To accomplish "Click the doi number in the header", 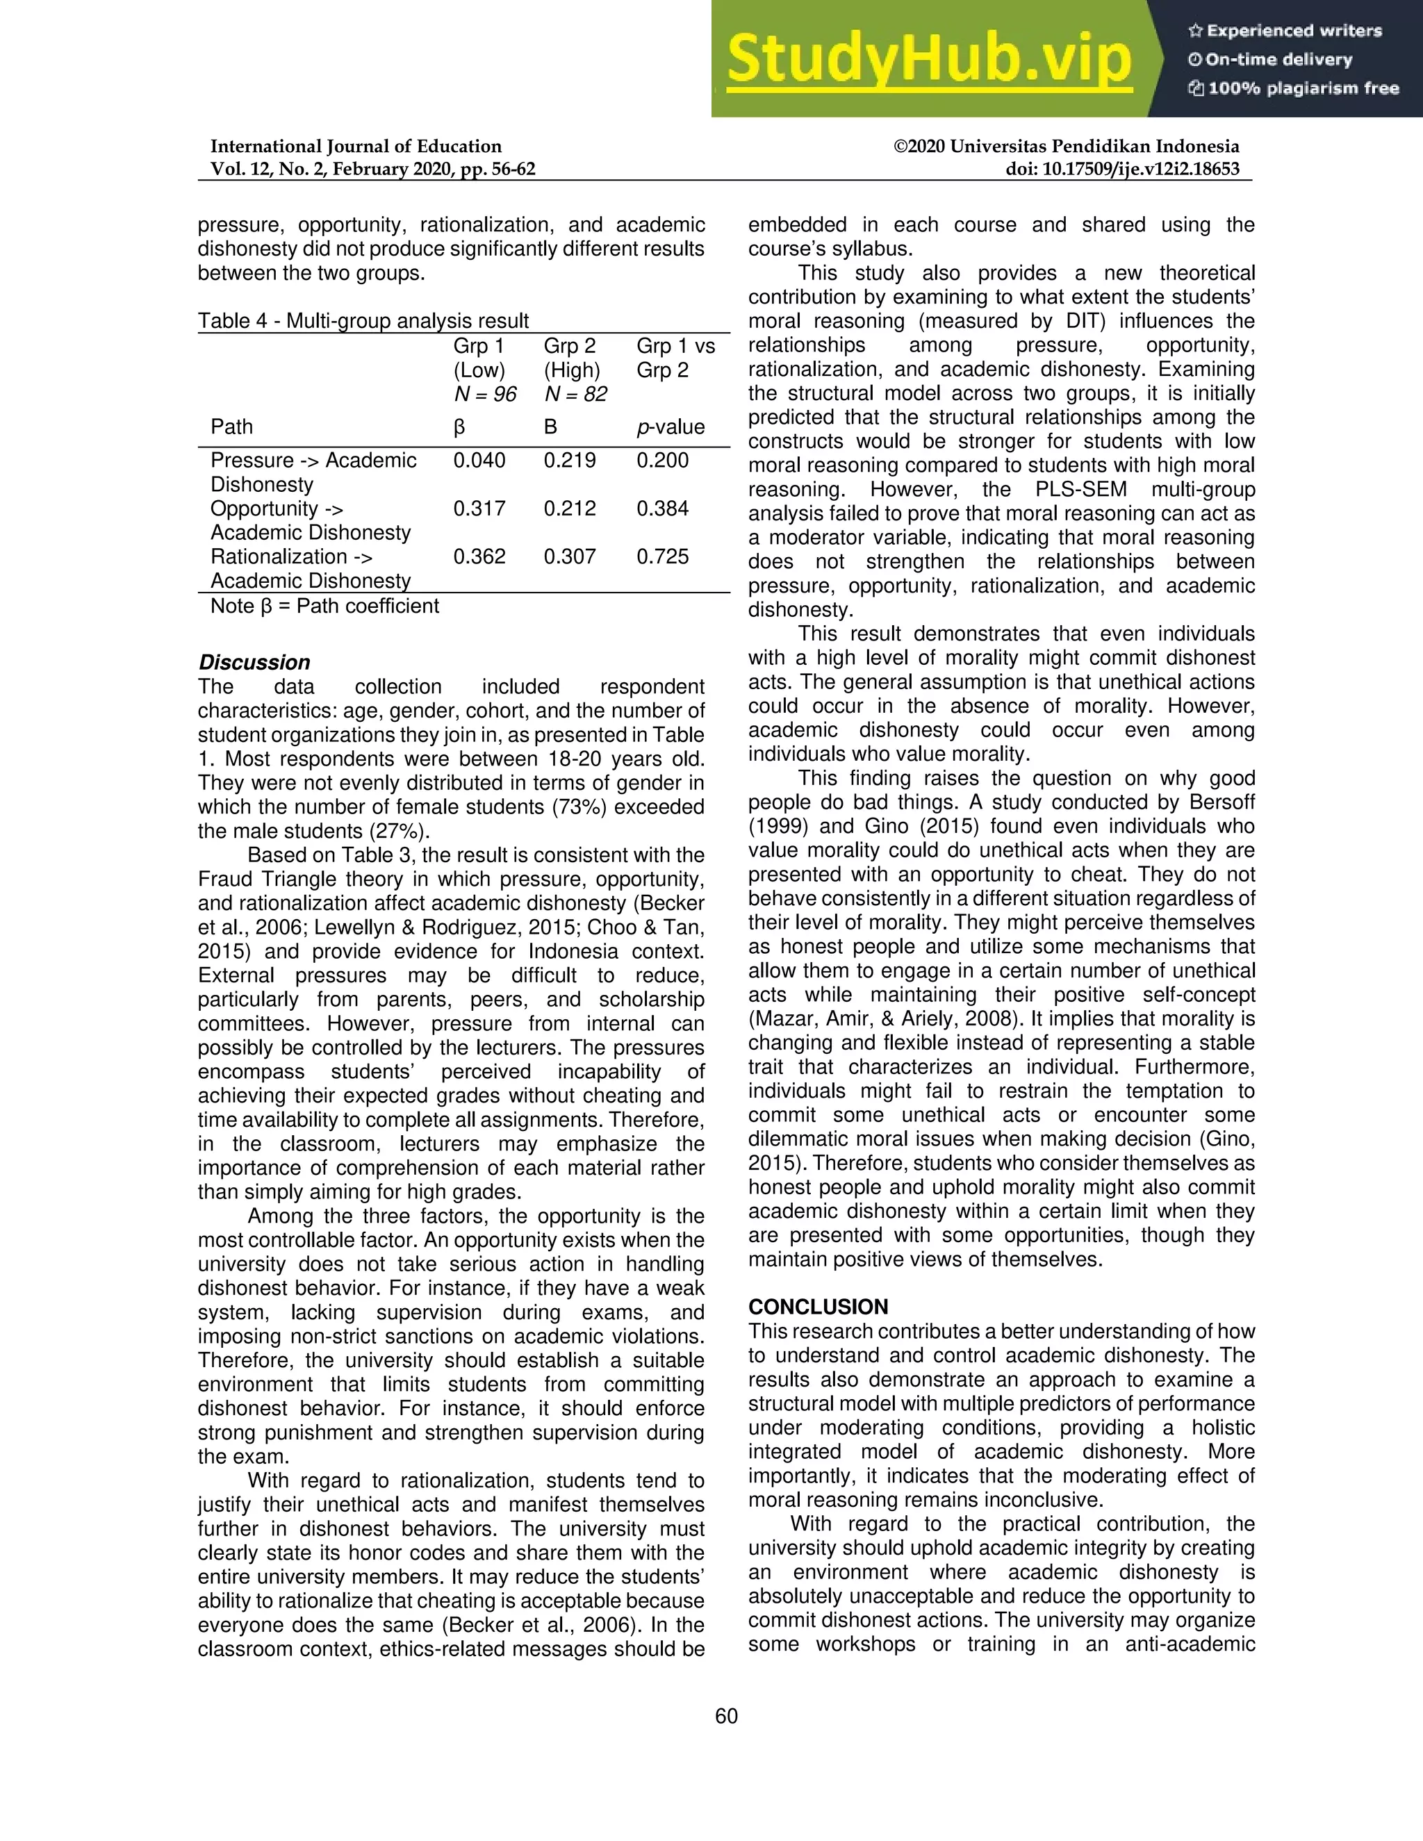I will pyautogui.click(x=1122, y=169).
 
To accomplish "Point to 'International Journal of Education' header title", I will pyautogui.click(x=356, y=146).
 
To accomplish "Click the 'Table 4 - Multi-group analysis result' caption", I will pyautogui.click(x=363, y=321).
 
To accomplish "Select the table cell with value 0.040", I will pyautogui.click(x=479, y=460).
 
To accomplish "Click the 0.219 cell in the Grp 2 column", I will pyautogui.click(x=569, y=460).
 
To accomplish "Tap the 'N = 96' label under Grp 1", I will pyautogui.click(x=485, y=395).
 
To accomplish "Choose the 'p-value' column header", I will pyautogui.click(x=671, y=427).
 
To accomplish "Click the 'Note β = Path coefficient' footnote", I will pyautogui.click(x=324, y=606).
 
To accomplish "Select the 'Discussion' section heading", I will pyautogui.click(x=254, y=663).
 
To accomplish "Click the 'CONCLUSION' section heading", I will pyautogui.click(x=818, y=1307).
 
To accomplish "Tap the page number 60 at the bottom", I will pyautogui.click(x=726, y=1716).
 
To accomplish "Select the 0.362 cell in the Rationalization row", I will pyautogui.click(x=479, y=556).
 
